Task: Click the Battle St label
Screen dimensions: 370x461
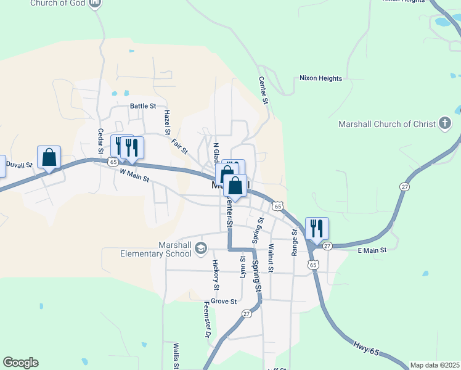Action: pyautogui.click(x=143, y=106)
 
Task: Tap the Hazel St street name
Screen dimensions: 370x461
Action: pyautogui.click(x=166, y=122)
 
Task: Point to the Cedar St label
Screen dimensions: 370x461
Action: pyautogui.click(x=100, y=141)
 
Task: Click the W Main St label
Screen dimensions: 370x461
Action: pyautogui.click(x=134, y=175)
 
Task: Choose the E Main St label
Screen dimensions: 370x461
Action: pyautogui.click(x=372, y=250)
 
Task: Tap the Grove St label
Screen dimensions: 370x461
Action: pyautogui.click(x=224, y=302)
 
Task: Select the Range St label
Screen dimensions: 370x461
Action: pyautogui.click(x=295, y=242)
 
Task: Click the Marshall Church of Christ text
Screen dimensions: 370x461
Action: pyautogui.click(x=387, y=124)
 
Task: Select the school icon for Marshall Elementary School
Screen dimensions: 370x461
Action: pyautogui.click(x=200, y=248)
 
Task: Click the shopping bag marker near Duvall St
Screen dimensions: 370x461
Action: pyautogui.click(x=49, y=157)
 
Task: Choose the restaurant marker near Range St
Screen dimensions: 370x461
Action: pyautogui.click(x=317, y=229)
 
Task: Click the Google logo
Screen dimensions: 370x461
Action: pyautogui.click(x=20, y=363)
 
